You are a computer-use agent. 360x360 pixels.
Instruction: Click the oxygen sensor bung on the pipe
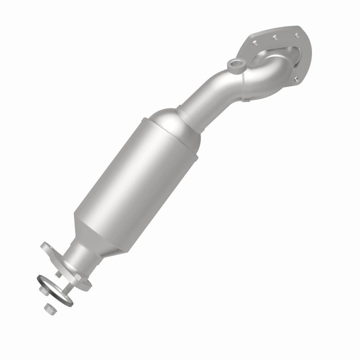pyautogui.click(x=234, y=66)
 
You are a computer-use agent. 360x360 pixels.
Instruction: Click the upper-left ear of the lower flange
pyautogui.click(x=47, y=247)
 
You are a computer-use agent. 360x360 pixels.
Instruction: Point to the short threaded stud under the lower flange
pyautogui.click(x=58, y=273)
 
